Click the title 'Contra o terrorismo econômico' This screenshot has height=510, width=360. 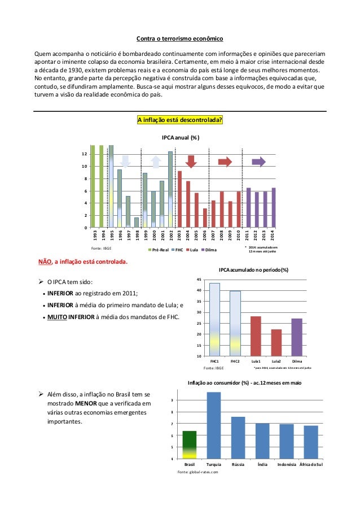[180, 39]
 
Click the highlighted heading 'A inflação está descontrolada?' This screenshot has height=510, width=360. [180, 120]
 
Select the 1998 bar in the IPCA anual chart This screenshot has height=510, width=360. [137, 223]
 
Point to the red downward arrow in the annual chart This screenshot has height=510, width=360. [191, 161]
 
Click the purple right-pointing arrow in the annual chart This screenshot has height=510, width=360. [258, 162]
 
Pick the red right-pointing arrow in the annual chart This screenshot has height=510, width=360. [225, 162]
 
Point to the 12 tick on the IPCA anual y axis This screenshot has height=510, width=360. [84, 154]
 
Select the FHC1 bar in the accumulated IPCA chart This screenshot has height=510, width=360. [214, 319]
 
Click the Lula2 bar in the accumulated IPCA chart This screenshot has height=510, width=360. [276, 342]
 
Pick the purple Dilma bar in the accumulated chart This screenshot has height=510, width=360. [297, 337]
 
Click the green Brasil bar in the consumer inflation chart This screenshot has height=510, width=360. [190, 444]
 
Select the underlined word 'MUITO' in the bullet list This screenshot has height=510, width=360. [56, 316]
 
